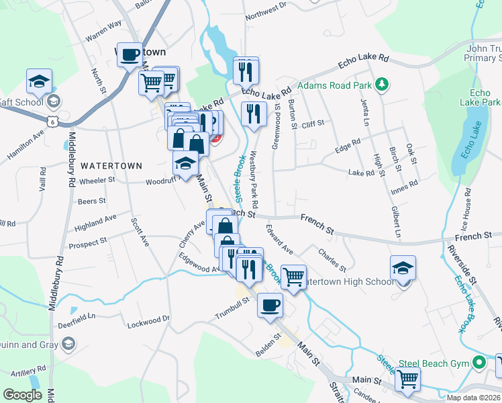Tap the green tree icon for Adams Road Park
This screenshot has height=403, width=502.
point(382,84)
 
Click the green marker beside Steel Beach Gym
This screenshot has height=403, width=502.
point(479,363)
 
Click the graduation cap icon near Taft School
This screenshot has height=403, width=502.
point(40,83)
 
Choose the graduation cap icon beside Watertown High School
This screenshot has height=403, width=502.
point(403,268)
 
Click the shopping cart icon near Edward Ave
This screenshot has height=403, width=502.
point(293,276)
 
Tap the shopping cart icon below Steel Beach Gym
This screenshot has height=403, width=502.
point(407,379)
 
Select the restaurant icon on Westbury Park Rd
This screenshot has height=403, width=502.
point(253,114)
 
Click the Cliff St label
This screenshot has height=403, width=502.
point(313,124)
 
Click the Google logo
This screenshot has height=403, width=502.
point(22,395)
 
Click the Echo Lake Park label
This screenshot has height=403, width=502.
point(485,97)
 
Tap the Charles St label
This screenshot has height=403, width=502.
point(332,257)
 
